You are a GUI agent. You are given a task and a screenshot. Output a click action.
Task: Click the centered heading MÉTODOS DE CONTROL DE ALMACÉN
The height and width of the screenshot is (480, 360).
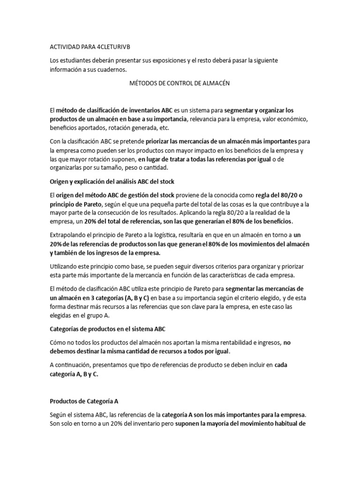pyautogui.click(x=180, y=83)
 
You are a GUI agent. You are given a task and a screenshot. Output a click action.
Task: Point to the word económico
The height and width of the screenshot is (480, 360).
pyautogui.click(x=289, y=119)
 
